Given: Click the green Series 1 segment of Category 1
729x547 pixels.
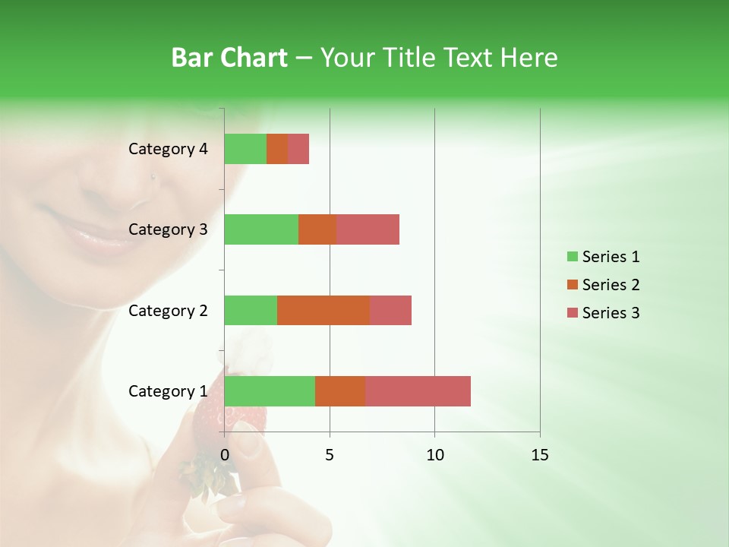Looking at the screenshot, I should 270,390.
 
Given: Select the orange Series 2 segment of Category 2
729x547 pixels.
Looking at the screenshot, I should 323,310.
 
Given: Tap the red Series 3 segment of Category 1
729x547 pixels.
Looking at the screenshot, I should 418,390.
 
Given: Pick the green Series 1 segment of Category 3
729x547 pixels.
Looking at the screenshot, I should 261,229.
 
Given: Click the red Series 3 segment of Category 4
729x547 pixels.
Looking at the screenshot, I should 298,149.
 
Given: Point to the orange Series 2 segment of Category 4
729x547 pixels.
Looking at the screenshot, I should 277,149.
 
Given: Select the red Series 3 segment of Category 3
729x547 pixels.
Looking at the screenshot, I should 368,229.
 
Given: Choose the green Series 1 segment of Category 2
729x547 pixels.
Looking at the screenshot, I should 251,310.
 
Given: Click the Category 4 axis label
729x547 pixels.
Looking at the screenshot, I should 168,149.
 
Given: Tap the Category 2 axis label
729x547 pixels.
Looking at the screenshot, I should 168,310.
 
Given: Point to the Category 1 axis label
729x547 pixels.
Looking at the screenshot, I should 168,391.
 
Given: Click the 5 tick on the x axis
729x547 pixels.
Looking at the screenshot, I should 330,455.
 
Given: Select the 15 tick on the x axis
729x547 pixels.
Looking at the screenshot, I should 540,455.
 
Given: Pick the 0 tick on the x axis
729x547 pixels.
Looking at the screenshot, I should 225,455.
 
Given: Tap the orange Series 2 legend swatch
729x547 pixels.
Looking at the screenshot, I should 572,285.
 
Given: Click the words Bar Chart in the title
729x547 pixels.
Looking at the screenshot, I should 229,58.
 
